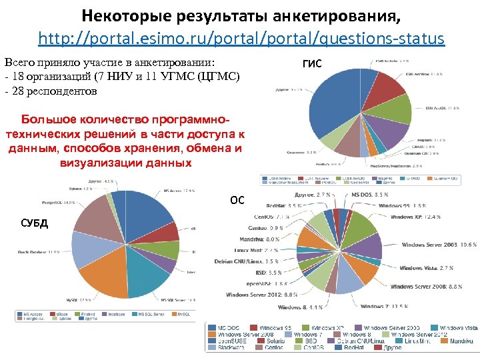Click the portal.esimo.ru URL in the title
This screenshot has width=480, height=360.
tap(241, 39)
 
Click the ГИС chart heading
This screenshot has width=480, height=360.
tap(312, 64)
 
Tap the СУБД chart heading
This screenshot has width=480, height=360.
tap(35, 222)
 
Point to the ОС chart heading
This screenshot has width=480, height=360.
tap(237, 199)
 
